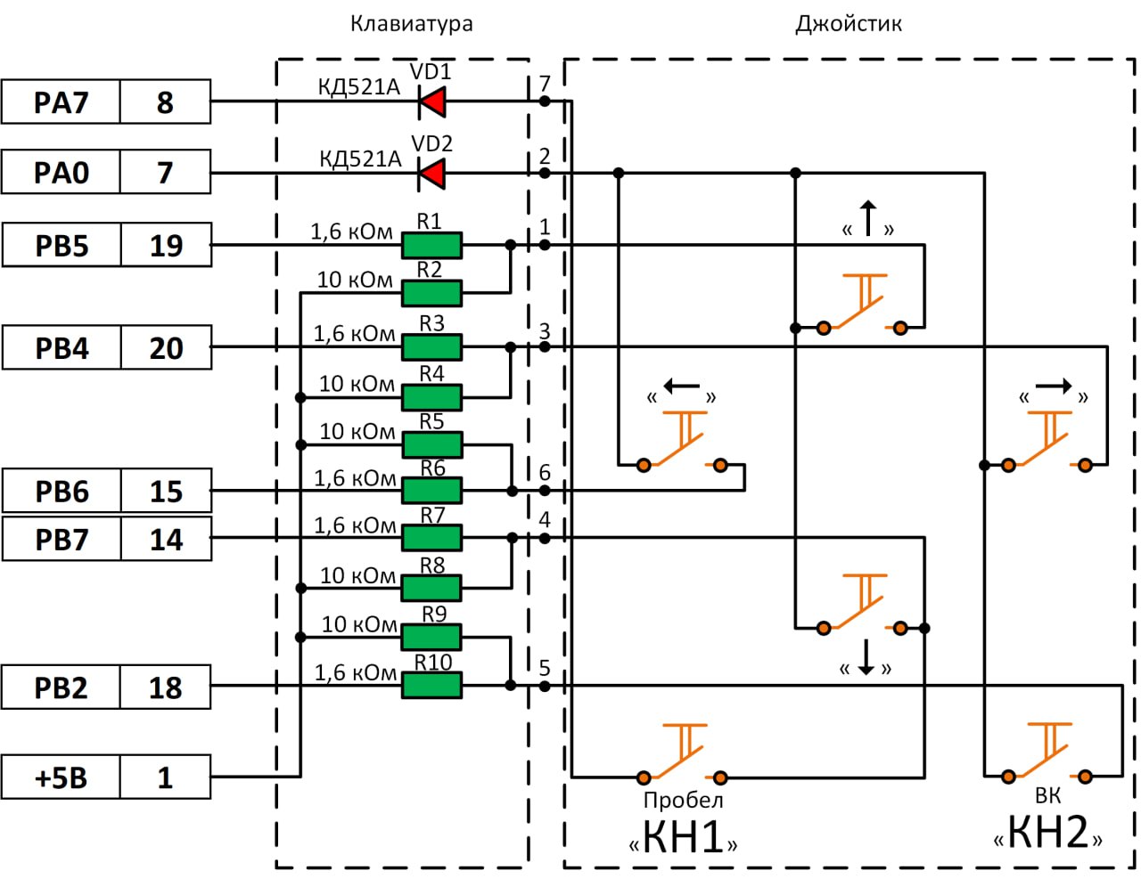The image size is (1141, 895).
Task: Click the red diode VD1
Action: pos(433,102)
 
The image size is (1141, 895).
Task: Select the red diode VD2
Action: pos(433,174)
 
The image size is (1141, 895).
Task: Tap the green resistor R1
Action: pos(431,245)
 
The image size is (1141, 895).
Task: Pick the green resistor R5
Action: pos(431,443)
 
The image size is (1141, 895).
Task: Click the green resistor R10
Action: pos(431,685)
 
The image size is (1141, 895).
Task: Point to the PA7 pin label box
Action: pos(61,102)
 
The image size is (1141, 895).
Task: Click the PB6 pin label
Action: pos(62,492)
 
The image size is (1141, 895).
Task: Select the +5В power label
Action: pos(61,777)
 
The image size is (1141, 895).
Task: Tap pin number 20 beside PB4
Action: pos(166,348)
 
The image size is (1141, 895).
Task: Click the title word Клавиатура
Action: pos(411,24)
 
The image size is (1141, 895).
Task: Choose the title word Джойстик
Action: pos(848,24)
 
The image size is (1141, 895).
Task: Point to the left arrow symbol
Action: pos(682,387)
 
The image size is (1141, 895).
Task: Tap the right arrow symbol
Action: pos(1053,387)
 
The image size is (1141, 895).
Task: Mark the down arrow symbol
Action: pos(866,658)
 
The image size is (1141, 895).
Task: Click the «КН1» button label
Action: pos(683,837)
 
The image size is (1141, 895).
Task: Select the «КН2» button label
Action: pos(1048,833)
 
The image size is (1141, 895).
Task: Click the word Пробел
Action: pos(683,801)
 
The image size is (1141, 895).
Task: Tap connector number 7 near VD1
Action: pos(545,84)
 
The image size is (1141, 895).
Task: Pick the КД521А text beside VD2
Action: pos(360,159)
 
